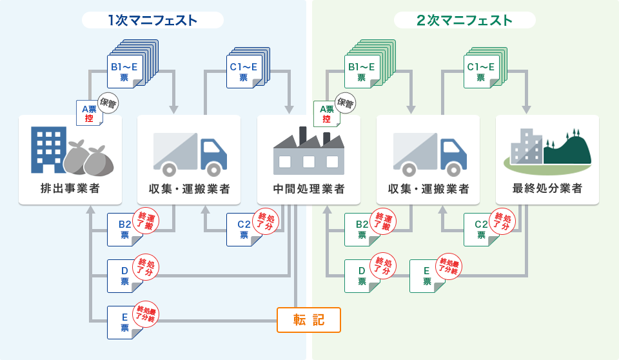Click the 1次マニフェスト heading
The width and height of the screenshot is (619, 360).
[153, 20]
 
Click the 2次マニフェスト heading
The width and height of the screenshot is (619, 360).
[464, 20]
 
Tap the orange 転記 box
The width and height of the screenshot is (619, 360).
[308, 319]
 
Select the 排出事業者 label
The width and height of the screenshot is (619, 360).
[70, 189]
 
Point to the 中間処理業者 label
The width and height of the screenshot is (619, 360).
[308, 189]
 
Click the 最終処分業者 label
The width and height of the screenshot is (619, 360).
[547, 189]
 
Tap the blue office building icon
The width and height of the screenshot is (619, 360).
[49, 149]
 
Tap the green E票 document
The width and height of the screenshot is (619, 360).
[426, 275]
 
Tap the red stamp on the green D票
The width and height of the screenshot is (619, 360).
[384, 265]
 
